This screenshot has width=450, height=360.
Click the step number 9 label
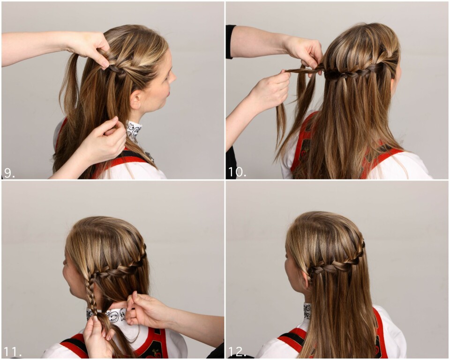9,173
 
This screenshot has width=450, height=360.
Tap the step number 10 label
237,172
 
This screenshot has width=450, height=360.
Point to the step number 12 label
238,352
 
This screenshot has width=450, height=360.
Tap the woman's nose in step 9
173,77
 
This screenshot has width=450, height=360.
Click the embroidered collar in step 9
134,131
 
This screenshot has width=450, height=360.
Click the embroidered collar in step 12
307,311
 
